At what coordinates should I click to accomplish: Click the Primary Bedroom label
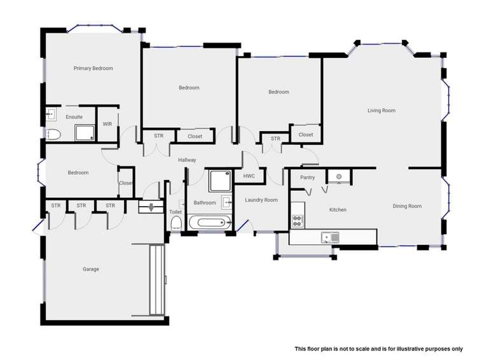click(x=93, y=68)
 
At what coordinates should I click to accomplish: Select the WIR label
click(x=107, y=124)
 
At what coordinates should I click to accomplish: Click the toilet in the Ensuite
click(x=53, y=134)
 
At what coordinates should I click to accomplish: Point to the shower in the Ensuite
click(x=85, y=132)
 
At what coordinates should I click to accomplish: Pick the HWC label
click(x=249, y=176)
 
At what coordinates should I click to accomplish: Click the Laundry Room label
click(x=261, y=200)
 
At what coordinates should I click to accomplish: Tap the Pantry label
click(x=308, y=177)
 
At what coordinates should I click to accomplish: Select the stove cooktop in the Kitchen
click(x=298, y=221)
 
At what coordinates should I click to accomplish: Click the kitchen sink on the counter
click(x=330, y=237)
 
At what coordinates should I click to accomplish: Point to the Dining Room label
click(x=407, y=206)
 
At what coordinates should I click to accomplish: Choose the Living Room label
click(x=382, y=111)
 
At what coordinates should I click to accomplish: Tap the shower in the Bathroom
click(x=219, y=181)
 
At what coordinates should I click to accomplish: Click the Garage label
click(x=90, y=269)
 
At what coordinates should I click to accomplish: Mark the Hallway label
click(x=187, y=160)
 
